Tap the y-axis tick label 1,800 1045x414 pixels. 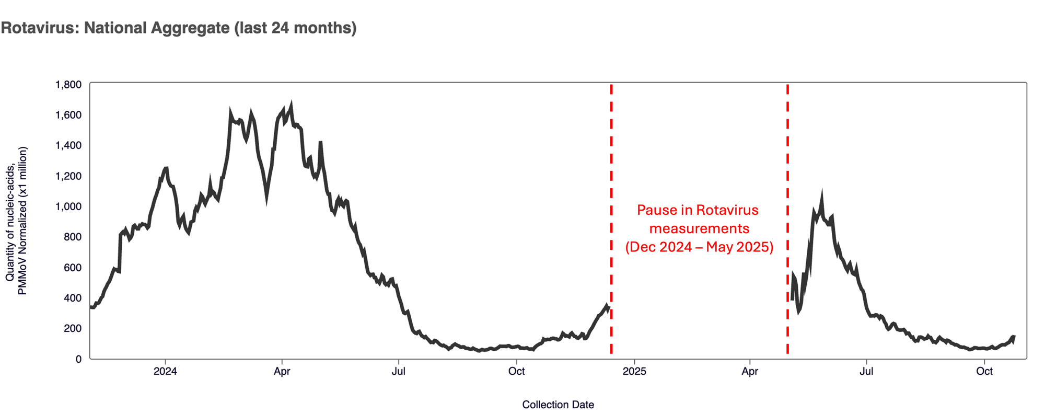click(x=68, y=85)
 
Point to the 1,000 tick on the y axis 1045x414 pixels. click(x=68, y=206)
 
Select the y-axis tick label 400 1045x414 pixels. click(x=72, y=298)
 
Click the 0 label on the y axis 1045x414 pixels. click(x=78, y=359)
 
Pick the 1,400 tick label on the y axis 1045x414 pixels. click(x=68, y=145)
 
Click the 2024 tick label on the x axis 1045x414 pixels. click(x=165, y=371)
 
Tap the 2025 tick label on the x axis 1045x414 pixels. click(x=634, y=371)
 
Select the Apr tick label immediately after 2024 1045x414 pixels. click(x=282, y=371)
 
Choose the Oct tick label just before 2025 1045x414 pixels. click(x=516, y=371)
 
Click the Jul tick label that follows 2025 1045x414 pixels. click(x=866, y=371)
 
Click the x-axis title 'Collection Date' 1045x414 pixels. click(x=558, y=405)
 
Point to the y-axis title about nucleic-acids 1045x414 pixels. click(x=16, y=221)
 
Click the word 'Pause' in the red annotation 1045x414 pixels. click(x=656, y=210)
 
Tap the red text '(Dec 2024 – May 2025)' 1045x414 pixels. click(x=699, y=247)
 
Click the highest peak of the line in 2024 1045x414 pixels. click(x=291, y=105)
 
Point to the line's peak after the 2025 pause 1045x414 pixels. click(x=822, y=195)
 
